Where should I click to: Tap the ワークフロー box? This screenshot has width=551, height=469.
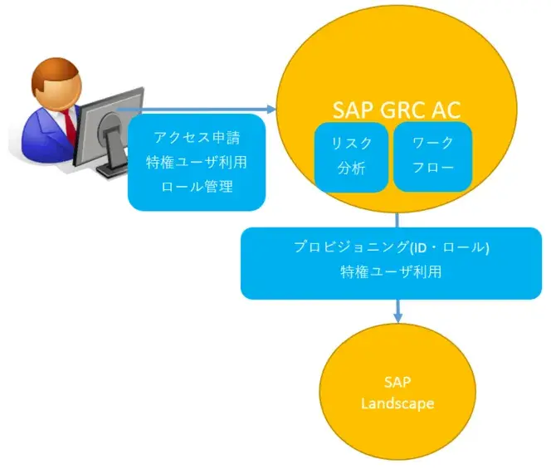[x=432, y=156]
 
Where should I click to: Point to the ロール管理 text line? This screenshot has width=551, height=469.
[x=196, y=186]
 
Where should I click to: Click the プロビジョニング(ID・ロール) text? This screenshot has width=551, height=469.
[x=390, y=247]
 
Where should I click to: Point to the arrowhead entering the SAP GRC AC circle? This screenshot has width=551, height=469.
[x=271, y=109]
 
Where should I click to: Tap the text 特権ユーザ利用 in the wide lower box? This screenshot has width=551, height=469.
[x=390, y=271]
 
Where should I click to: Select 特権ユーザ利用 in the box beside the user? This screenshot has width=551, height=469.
[x=196, y=161]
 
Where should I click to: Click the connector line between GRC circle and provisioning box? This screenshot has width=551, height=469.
[x=397, y=218]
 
